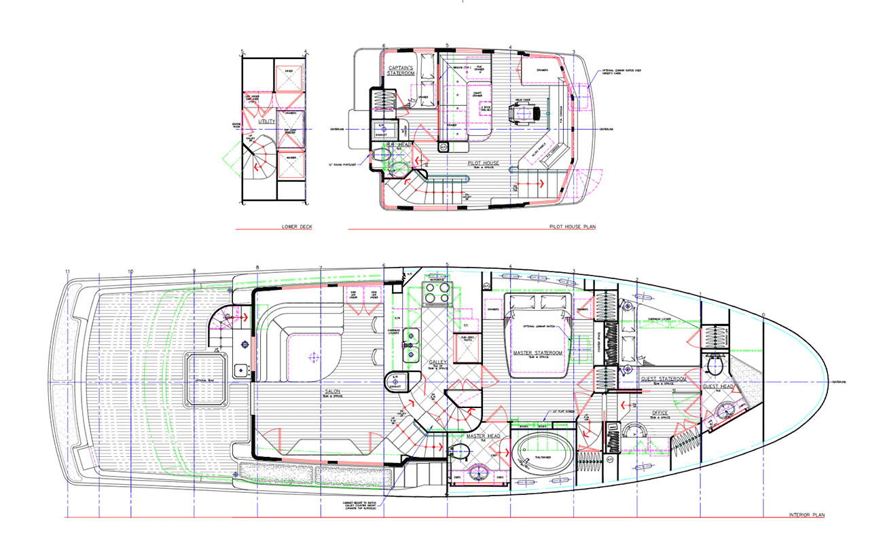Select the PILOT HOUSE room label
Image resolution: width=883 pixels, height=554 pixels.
click(x=483, y=163)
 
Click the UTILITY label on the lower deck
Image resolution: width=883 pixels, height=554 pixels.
click(x=266, y=121)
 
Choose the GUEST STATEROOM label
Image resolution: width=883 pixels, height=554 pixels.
click(x=663, y=379)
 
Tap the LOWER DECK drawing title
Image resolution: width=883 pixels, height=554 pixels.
click(x=296, y=227)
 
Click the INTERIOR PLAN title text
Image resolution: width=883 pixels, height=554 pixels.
click(x=806, y=515)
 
